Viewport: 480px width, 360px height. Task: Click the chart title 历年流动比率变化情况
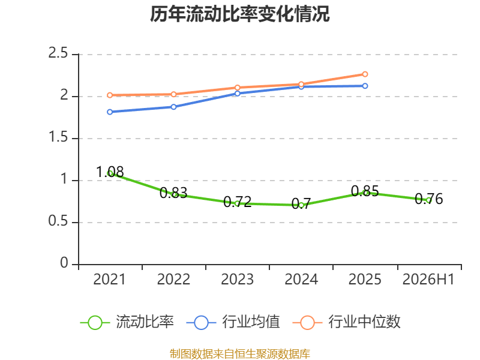pyautogui.click(x=239, y=14)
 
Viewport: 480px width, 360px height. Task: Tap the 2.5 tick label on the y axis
pyautogui.click(x=58, y=53)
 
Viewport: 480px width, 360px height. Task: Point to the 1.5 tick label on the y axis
pyautogui.click(x=58, y=137)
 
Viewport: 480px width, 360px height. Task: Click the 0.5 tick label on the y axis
pyautogui.click(x=58, y=221)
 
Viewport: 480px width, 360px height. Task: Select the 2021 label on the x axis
pyautogui.click(x=109, y=280)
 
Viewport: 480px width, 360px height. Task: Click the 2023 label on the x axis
pyautogui.click(x=237, y=280)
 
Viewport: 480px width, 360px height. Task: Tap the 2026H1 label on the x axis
pyautogui.click(x=428, y=280)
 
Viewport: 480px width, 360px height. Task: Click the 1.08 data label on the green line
pyautogui.click(x=110, y=172)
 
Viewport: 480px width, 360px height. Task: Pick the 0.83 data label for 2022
pyautogui.click(x=173, y=193)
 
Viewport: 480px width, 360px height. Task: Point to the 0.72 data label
pyautogui.click(x=237, y=202)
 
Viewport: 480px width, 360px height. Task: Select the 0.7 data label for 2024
pyautogui.click(x=301, y=204)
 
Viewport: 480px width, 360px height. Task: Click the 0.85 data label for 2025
pyautogui.click(x=365, y=191)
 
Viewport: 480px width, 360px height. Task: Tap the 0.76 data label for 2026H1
pyautogui.click(x=429, y=199)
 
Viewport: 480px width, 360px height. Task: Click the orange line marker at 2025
pyautogui.click(x=365, y=74)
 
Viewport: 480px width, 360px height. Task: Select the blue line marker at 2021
pyautogui.click(x=110, y=112)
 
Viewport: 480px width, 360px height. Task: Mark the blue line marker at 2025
pyautogui.click(x=365, y=86)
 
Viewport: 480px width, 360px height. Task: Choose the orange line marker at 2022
pyautogui.click(x=173, y=94)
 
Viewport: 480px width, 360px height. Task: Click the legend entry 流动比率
pyautogui.click(x=127, y=322)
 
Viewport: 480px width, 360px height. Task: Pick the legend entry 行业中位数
pyautogui.click(x=346, y=322)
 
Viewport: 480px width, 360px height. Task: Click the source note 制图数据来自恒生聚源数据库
pyautogui.click(x=239, y=354)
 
